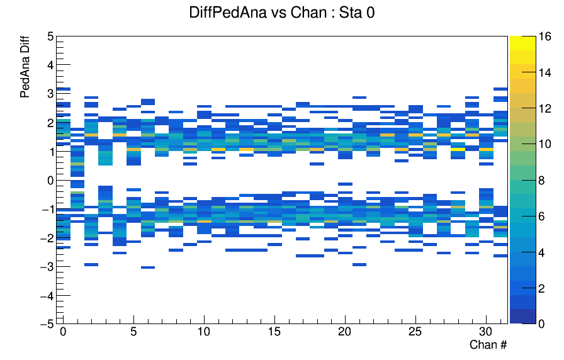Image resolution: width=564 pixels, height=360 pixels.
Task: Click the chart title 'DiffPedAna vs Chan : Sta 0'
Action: coord(281,13)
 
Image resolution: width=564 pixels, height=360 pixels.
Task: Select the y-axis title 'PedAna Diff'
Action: coord(25,67)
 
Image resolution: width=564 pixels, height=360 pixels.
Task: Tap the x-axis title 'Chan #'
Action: coord(488,344)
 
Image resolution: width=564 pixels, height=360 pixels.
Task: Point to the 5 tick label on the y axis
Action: coord(50,37)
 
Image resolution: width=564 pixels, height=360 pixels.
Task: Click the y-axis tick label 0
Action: coord(50,180)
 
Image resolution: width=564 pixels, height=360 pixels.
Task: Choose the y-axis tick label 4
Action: coord(50,65)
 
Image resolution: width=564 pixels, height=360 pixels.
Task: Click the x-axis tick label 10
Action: coord(204,331)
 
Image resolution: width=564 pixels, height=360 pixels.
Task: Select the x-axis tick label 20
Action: coord(345,331)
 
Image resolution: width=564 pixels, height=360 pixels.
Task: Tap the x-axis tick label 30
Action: coord(486,331)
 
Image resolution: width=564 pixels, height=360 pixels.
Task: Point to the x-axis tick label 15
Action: coord(274,331)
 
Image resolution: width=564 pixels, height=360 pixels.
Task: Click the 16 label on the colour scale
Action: coord(545,37)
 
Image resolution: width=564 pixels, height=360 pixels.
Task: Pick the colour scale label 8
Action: coord(542,180)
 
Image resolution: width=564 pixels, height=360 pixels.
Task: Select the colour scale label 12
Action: coord(545,108)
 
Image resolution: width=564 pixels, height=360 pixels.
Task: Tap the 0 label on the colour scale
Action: coord(542,323)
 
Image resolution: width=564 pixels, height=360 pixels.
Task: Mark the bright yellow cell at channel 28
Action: coord(458,149)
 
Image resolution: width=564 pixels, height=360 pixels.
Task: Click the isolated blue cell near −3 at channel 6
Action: coord(148,267)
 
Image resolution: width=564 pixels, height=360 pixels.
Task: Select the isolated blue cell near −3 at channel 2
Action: coord(91,264)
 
